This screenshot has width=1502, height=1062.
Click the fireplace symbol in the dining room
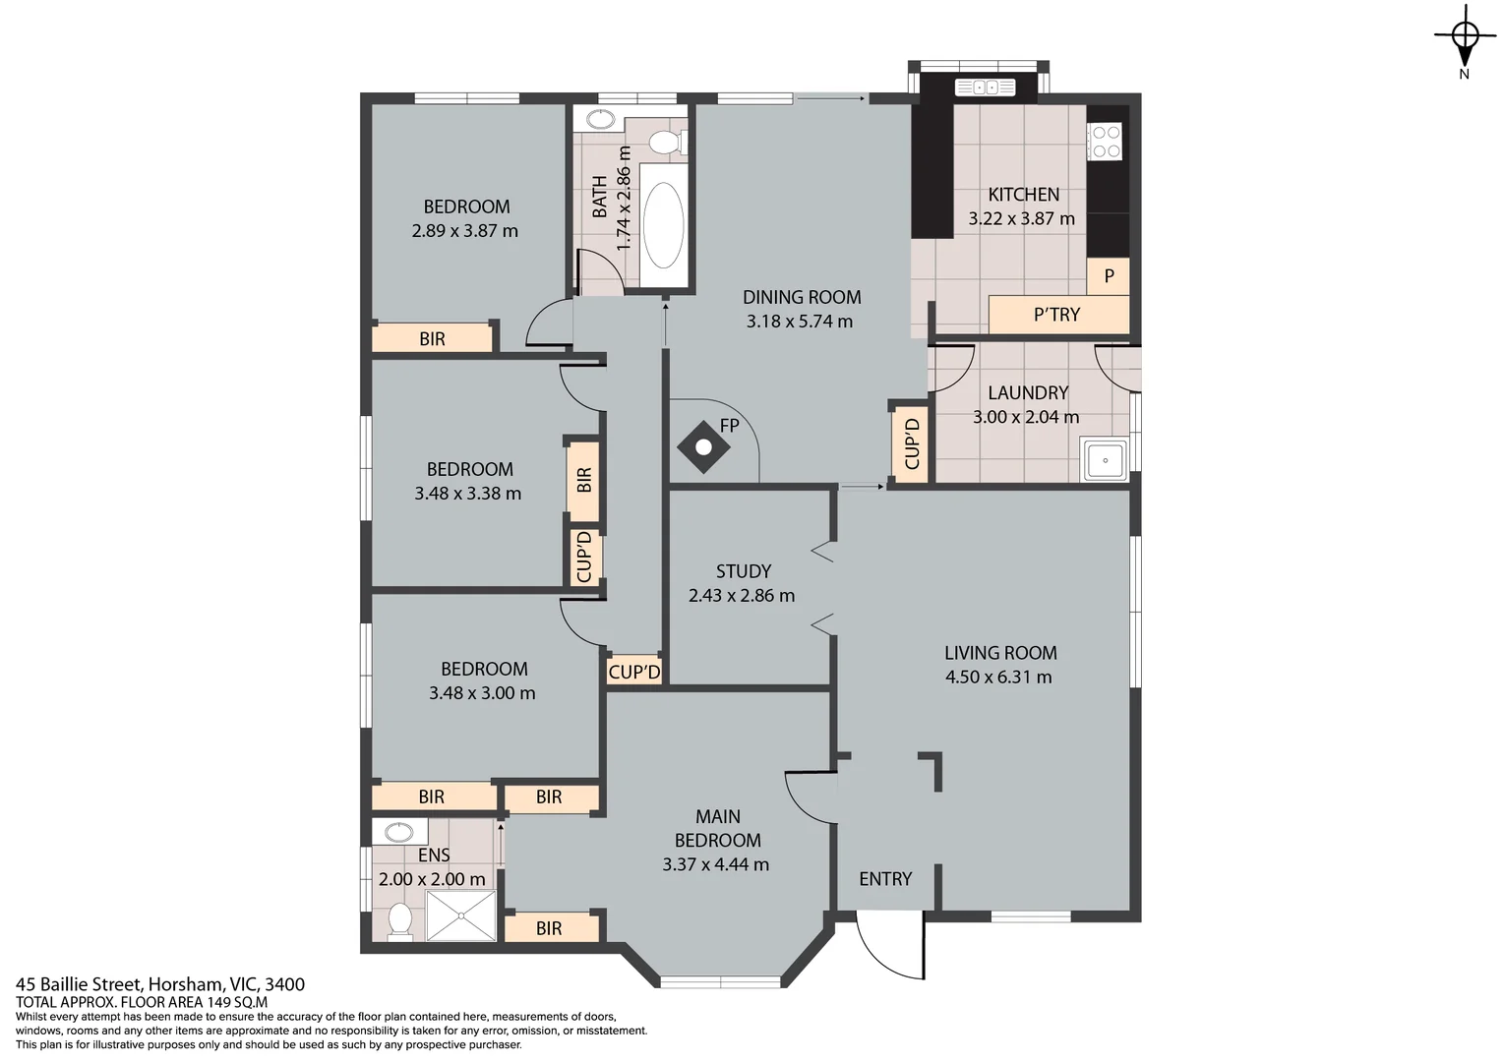tap(703, 447)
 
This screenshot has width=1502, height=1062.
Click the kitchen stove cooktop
tap(1106, 141)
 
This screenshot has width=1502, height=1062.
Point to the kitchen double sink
tap(986, 88)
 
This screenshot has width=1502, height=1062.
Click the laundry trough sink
tap(1106, 460)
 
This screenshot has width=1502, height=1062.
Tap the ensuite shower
tap(460, 916)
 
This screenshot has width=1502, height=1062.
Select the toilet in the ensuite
tap(399, 920)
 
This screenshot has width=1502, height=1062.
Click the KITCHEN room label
tap(1023, 195)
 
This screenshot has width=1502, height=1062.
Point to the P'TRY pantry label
tap(1056, 315)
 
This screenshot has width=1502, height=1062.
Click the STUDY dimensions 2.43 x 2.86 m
tap(742, 595)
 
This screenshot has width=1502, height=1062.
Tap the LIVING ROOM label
tap(1000, 653)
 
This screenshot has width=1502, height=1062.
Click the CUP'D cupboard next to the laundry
tap(911, 443)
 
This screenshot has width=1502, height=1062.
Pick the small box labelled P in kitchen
tap(1109, 276)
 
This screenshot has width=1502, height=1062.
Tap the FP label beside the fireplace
tap(729, 426)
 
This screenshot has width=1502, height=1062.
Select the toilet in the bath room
tap(668, 142)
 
